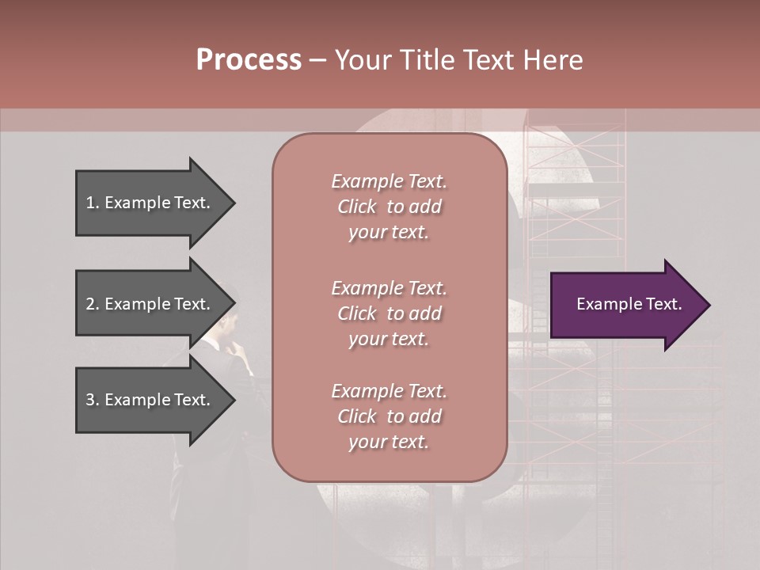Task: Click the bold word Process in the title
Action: pyautogui.click(x=249, y=60)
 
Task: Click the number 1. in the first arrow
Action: pyautogui.click(x=93, y=203)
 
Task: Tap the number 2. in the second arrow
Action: pyautogui.click(x=93, y=304)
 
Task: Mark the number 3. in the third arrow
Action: pyautogui.click(x=93, y=400)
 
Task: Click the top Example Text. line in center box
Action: pyautogui.click(x=389, y=181)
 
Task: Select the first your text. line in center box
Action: pyautogui.click(x=389, y=233)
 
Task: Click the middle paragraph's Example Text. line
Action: pyautogui.click(x=389, y=288)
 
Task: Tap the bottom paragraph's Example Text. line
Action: pyautogui.click(x=389, y=391)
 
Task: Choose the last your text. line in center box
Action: pyautogui.click(x=389, y=443)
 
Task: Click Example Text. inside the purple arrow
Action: pyautogui.click(x=629, y=304)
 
